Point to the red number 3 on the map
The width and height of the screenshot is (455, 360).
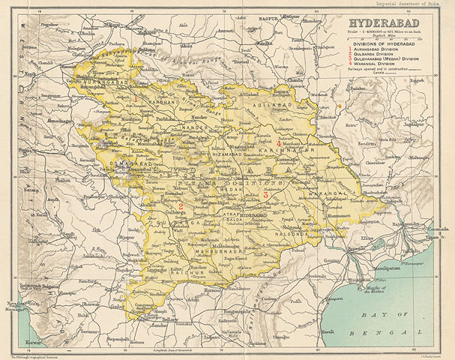click(x=265, y=194)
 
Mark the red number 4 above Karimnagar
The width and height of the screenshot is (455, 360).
click(x=279, y=142)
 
